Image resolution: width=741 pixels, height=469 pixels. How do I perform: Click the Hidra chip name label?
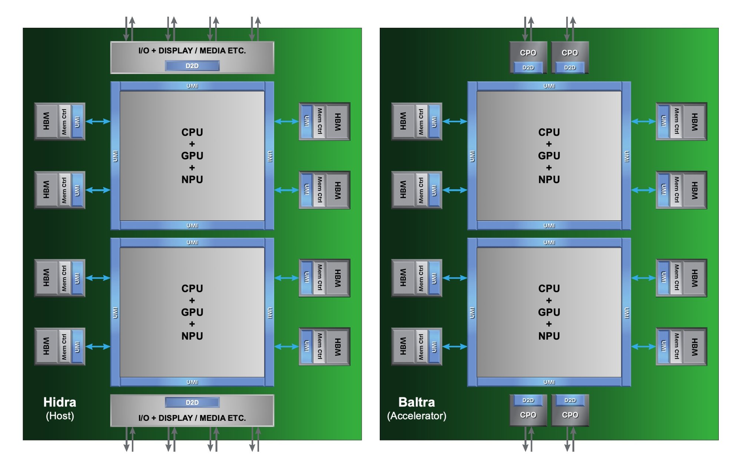(x=60, y=402)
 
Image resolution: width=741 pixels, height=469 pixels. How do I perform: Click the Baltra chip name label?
(x=416, y=402)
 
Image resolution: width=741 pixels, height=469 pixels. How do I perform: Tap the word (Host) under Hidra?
(x=60, y=416)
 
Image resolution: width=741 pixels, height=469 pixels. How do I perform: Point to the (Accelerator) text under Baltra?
(x=416, y=416)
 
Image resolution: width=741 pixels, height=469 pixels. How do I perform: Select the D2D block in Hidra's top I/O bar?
(x=192, y=66)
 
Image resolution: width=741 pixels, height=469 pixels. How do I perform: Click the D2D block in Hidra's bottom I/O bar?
(x=192, y=402)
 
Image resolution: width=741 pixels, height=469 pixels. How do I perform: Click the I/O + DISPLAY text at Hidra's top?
(x=192, y=51)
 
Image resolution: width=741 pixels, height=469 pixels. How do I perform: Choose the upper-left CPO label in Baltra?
(x=528, y=53)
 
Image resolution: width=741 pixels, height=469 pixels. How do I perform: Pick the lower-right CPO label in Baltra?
(x=570, y=415)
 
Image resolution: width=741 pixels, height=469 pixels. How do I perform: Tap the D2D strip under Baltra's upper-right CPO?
(x=570, y=67)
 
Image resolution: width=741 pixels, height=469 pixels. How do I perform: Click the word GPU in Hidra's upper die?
(x=192, y=156)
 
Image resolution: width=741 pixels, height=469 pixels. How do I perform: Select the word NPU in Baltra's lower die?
(x=549, y=336)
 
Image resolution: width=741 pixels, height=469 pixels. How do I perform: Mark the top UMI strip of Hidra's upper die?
(x=192, y=86)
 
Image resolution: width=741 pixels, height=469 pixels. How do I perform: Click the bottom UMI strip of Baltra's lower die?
(x=549, y=382)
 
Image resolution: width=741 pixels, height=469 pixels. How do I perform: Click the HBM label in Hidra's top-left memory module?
(x=46, y=121)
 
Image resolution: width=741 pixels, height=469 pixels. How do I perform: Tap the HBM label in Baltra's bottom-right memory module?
(x=695, y=347)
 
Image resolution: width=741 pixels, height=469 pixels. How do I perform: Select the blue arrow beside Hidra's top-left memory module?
(x=98, y=121)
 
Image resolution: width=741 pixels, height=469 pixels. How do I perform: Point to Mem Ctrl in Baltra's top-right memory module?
(x=677, y=121)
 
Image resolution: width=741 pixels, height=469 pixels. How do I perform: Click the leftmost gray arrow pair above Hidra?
(x=129, y=29)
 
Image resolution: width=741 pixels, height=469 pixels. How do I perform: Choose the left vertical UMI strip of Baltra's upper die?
(x=472, y=156)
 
